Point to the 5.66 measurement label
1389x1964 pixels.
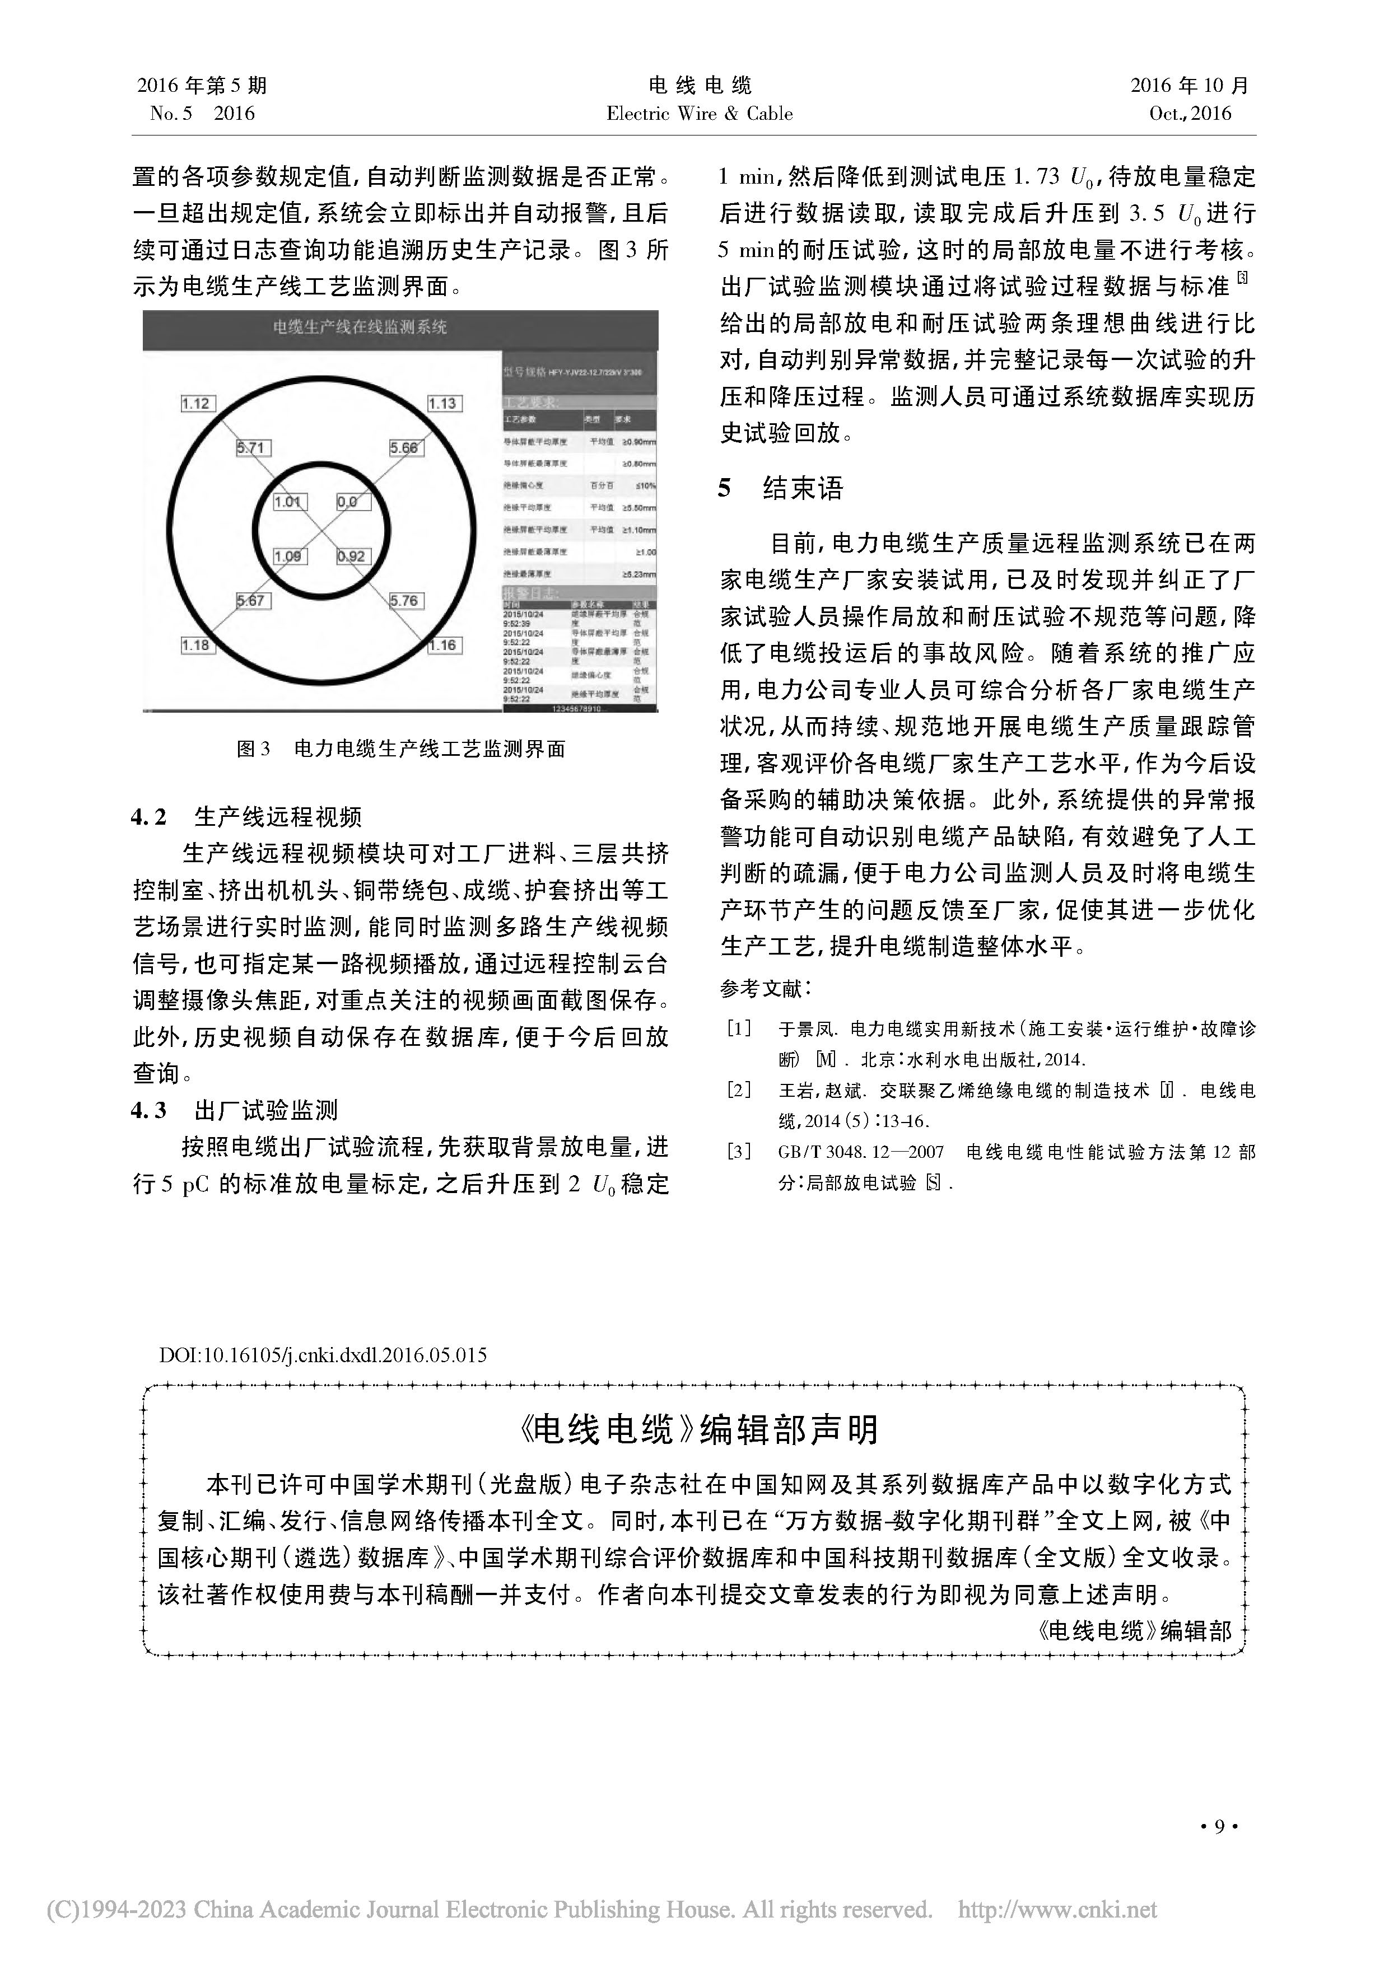click(x=404, y=447)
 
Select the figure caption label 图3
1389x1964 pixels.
click(x=253, y=749)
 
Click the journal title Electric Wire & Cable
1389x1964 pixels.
click(x=699, y=113)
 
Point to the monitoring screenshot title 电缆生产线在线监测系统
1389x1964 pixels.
click(x=360, y=327)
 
